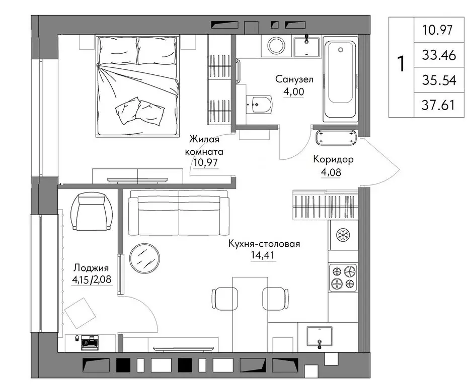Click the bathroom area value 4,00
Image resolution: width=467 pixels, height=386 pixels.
point(294,91)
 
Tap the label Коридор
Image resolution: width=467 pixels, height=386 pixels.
point(333,159)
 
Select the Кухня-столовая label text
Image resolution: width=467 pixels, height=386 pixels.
point(264,244)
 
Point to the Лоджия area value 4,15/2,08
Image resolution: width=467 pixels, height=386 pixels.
point(92,279)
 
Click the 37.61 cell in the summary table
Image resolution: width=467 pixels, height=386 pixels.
point(438,105)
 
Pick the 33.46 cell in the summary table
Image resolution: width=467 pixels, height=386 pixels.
point(439,55)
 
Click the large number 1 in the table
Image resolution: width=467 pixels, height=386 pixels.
point(402,63)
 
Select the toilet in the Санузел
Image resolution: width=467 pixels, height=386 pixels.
point(259,105)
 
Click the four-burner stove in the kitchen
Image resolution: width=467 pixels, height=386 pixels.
point(343,278)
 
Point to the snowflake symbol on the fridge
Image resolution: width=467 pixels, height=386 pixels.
point(343,235)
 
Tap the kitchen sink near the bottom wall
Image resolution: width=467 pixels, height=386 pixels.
point(320,336)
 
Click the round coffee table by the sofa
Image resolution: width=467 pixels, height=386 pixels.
point(144,258)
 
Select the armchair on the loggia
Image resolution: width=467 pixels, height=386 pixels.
point(92,211)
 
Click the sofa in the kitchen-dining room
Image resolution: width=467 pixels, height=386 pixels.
point(179,213)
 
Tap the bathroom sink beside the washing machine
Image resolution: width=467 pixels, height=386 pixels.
point(307,46)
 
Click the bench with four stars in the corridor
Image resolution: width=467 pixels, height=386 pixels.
point(336,138)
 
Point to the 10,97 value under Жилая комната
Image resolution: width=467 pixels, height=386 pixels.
point(205,163)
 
